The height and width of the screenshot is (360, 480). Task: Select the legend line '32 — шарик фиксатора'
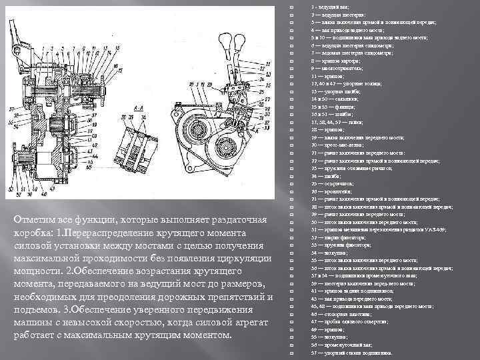tap(337, 237)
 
